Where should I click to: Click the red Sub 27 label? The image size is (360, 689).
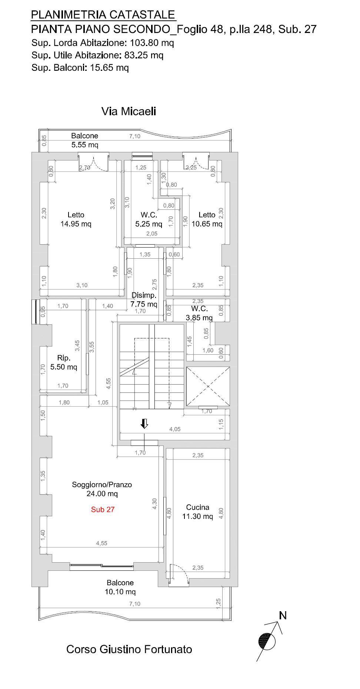coord(103,509)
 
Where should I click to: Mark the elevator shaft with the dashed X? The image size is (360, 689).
coord(208,387)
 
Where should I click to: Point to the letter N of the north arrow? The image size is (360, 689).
coord(283,616)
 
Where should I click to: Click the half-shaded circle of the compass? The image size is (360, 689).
coord(267,642)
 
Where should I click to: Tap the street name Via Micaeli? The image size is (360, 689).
coord(129,111)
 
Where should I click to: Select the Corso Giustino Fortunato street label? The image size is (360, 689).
coord(129,649)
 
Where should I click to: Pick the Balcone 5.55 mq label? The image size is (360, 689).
coord(85,140)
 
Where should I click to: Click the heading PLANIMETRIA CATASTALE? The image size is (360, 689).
coord(103,14)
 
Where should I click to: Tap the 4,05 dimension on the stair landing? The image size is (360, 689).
coord(175,429)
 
